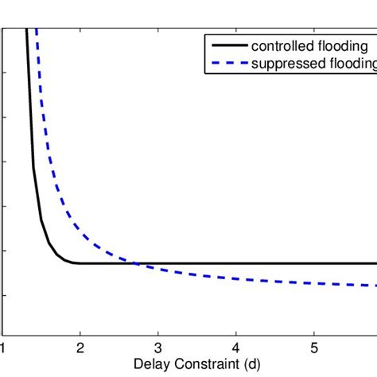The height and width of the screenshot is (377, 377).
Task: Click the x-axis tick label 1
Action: pos(3,347)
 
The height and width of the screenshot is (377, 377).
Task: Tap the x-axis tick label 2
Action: pos(80,347)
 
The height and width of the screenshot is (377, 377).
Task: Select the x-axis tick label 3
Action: pos(158,347)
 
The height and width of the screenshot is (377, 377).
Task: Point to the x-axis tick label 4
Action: pos(236,347)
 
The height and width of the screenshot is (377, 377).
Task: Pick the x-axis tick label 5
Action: pos(313,347)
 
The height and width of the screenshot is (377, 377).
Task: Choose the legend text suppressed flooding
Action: pos(310,64)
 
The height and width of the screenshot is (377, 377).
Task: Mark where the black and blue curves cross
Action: pos(136,263)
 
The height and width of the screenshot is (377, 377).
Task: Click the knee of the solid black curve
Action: pos(68,261)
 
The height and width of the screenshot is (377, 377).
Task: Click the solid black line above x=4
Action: pos(236,263)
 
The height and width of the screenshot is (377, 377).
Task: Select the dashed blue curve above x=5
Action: pos(313,283)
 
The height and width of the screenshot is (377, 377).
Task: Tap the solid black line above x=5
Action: pos(313,263)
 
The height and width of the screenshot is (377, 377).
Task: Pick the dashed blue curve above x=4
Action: pos(236,279)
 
